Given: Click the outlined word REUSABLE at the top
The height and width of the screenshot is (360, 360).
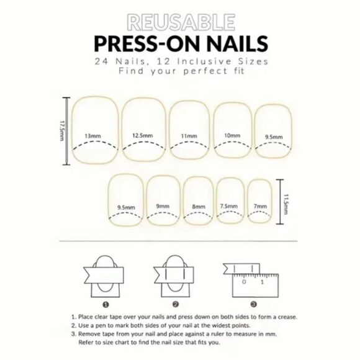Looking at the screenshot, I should click(x=179, y=23).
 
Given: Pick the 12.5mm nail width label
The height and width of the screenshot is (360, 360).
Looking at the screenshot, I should click(x=142, y=135).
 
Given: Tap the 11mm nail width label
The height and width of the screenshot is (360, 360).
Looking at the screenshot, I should click(x=189, y=135).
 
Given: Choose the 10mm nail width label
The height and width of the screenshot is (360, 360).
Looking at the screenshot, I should click(x=232, y=135).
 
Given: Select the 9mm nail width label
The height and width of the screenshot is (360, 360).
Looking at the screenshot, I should click(x=163, y=206).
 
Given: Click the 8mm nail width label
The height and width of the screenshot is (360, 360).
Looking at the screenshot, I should click(x=199, y=206).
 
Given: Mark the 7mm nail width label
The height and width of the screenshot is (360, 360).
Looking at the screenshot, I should click(x=260, y=206).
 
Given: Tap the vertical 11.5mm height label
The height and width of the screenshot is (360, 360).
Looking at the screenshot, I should click(x=286, y=202).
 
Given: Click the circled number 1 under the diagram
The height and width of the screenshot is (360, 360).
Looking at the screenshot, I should click(x=106, y=304).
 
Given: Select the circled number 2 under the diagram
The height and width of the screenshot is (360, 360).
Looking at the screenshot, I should click(x=176, y=304).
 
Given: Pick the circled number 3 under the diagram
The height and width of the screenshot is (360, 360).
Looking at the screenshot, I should click(x=253, y=304).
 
